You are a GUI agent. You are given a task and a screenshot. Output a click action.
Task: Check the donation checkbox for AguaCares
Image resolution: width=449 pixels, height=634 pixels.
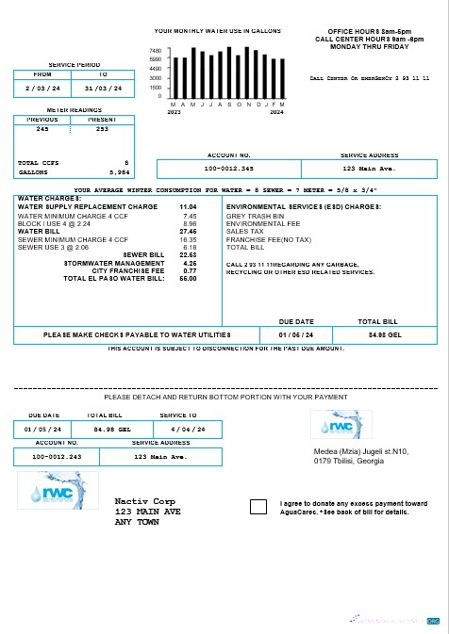pos(258,507)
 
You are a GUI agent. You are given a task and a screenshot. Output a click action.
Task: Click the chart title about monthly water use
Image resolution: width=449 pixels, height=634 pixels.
pos(218,31)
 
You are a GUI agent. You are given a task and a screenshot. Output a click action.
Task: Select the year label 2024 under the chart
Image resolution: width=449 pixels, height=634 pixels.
pos(275,111)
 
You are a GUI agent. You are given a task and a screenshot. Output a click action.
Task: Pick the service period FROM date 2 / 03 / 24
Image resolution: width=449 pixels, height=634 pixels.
pos(42,88)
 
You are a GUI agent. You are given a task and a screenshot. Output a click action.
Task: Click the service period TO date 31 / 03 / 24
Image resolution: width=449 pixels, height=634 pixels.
pos(102,88)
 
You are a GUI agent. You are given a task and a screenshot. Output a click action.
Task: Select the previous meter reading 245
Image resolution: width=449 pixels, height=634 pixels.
pos(42,129)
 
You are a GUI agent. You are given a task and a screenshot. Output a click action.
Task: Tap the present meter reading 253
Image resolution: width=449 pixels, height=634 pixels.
pos(102,129)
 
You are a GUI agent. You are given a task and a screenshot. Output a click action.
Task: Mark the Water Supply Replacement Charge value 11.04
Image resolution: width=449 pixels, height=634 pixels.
pos(188,206)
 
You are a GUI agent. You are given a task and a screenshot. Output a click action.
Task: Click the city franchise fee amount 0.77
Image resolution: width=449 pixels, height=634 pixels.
pos(190,270)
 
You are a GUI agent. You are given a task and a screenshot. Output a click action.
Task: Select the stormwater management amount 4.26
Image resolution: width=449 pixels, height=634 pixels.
pos(190,263)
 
